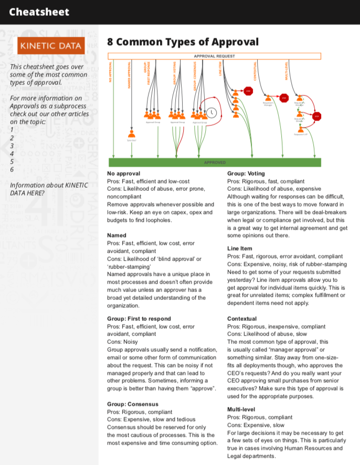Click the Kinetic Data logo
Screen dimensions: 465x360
(x=50, y=46)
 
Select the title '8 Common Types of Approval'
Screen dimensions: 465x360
(x=183, y=42)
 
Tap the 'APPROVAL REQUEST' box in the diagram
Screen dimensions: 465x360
(x=214, y=56)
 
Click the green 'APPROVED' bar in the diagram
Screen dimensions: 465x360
(x=214, y=163)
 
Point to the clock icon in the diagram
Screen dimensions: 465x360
(x=211, y=112)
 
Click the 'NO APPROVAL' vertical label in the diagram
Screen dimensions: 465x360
(x=110, y=73)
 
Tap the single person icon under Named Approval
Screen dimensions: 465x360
(x=131, y=133)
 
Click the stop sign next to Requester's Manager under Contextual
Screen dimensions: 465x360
(x=284, y=98)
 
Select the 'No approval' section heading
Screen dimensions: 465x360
(x=123, y=174)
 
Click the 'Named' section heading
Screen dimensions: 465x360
(x=117, y=235)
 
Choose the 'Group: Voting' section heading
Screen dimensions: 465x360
(x=246, y=174)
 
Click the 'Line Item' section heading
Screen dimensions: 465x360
(x=240, y=248)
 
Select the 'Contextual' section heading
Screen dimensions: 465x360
(x=242, y=319)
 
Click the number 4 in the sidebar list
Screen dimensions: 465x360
(x=12, y=154)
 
